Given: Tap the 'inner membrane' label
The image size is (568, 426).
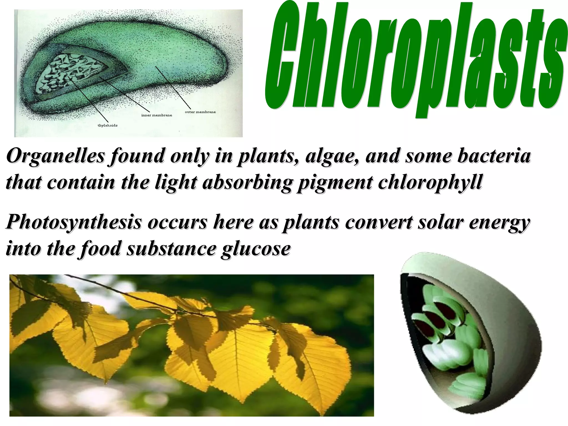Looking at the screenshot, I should click(x=157, y=115).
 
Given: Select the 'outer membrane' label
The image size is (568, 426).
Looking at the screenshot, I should click(x=200, y=112).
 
